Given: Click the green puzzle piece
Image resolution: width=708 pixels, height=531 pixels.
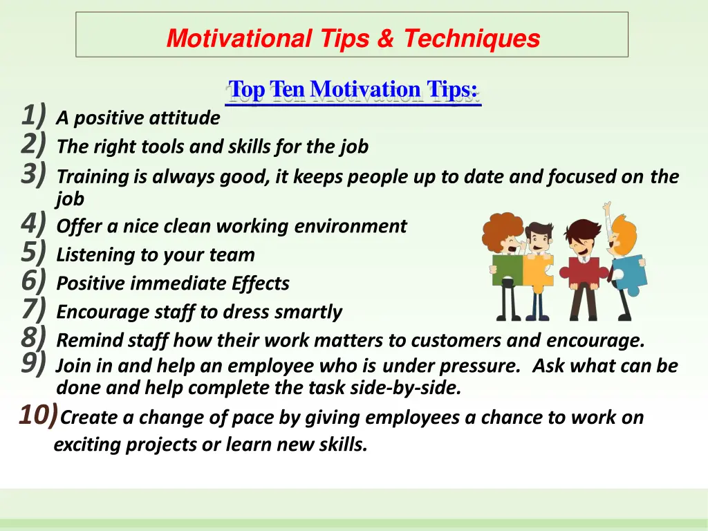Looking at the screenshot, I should pyautogui.click(x=506, y=270).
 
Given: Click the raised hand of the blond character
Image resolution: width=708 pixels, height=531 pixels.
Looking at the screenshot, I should pyautogui.click(x=607, y=207).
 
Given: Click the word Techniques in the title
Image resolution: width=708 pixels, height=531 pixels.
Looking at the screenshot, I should pyautogui.click(x=472, y=38).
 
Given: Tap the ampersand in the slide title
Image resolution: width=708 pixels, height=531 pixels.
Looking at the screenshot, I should pyautogui.click(x=384, y=38).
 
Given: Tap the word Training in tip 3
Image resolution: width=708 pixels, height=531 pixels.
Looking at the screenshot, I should pyautogui.click(x=93, y=177).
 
